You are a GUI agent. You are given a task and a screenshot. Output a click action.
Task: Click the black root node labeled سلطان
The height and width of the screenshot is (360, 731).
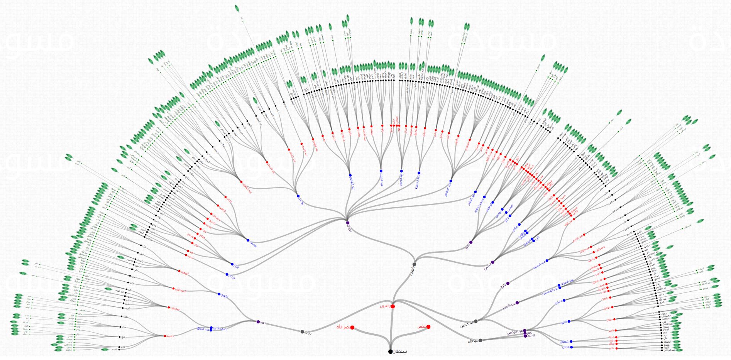[x=390, y=352]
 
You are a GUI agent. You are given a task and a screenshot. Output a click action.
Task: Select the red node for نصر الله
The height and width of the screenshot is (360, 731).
[x=352, y=328]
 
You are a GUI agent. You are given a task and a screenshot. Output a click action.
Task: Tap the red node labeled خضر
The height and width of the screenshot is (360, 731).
[x=428, y=327]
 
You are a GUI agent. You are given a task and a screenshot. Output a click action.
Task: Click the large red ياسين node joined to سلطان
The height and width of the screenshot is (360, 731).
[x=393, y=306]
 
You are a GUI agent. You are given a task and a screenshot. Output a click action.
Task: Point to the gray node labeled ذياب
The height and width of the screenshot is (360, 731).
[x=302, y=331]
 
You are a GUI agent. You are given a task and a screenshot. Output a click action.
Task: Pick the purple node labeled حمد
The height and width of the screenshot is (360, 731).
[x=258, y=321]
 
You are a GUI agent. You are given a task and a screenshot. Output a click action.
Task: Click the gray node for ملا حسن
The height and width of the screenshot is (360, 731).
[x=475, y=321]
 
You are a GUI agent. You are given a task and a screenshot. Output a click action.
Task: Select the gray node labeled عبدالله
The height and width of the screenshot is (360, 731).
[x=480, y=340]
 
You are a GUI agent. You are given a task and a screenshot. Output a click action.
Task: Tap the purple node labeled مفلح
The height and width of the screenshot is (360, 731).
[x=508, y=284]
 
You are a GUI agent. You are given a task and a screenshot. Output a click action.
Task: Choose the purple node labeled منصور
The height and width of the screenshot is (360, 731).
[x=492, y=262]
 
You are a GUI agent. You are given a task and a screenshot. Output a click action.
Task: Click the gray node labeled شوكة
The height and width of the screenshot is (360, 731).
[x=414, y=264]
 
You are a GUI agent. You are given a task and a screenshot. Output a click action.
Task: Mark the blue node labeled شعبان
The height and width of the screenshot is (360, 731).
[x=571, y=341]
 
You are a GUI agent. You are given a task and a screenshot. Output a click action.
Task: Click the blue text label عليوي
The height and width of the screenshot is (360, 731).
[x=224, y=297]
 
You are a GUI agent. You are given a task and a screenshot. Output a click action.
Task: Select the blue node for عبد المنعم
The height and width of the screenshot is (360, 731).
[x=451, y=181]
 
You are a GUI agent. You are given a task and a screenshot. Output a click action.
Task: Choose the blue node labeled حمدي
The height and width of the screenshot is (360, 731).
[x=564, y=300]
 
